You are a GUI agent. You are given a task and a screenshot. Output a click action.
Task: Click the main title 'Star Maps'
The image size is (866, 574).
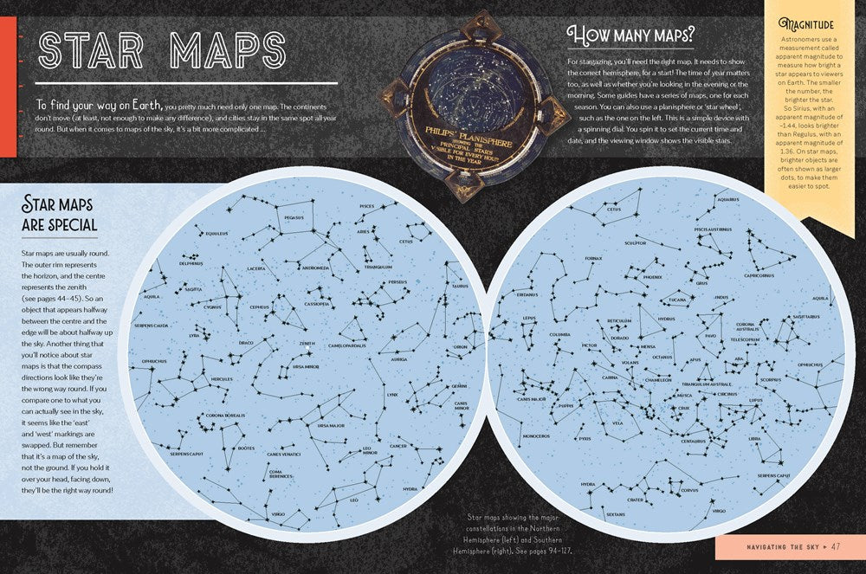click(x=162, y=50)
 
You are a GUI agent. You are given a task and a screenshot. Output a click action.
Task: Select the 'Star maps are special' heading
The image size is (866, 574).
click(x=60, y=216)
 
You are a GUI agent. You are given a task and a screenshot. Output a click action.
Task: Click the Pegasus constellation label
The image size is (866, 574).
click(x=294, y=217)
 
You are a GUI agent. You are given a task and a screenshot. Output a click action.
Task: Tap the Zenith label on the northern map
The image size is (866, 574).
click(x=307, y=343)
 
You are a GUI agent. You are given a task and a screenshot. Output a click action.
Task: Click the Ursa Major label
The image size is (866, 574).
click(x=332, y=425)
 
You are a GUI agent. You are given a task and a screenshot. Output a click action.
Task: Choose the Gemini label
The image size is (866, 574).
click(x=459, y=386)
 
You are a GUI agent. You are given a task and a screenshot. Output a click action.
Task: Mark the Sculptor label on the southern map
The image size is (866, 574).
click(x=637, y=243)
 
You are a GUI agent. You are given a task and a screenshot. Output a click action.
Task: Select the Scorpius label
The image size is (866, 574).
click(x=771, y=379)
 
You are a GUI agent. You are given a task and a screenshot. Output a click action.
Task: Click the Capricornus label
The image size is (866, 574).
click(x=758, y=275)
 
